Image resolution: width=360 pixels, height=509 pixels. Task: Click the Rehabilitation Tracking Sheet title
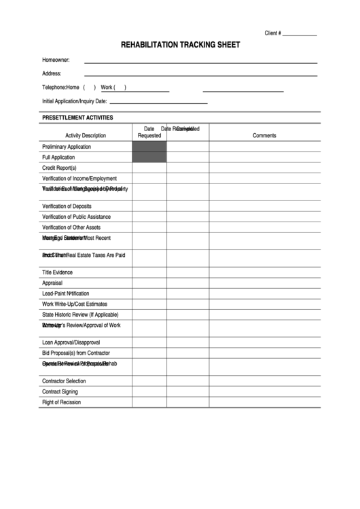click(180, 45)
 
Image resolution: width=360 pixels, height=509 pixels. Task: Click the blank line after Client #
click(300, 33)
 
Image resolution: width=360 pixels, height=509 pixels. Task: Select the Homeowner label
click(56, 60)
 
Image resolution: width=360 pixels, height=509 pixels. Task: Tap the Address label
click(52, 73)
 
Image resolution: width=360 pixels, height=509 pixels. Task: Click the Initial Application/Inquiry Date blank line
click(158, 102)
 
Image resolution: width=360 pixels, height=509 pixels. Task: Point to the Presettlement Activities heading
click(77, 118)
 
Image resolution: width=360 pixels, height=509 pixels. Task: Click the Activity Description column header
click(86, 135)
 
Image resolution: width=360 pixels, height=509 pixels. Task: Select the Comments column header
click(264, 135)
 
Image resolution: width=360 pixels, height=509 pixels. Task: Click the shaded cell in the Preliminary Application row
click(149, 147)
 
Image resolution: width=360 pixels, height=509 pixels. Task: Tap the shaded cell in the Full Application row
click(149, 158)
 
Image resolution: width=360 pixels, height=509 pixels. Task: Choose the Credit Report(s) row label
click(59, 168)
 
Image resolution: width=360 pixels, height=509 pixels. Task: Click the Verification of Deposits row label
click(67, 207)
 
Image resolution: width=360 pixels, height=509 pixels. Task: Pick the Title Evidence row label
click(57, 272)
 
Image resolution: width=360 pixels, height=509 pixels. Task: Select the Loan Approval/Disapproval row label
click(71, 343)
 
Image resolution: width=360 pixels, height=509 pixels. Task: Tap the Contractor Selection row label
click(64, 381)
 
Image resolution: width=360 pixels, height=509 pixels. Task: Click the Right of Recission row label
click(61, 402)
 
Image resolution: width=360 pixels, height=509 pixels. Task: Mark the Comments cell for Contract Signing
click(264, 392)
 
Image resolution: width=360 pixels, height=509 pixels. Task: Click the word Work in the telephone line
click(107, 88)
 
